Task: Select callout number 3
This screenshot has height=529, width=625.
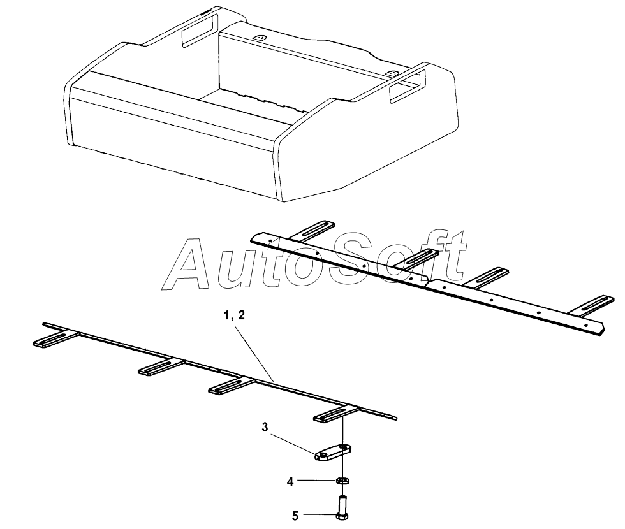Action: tap(265, 426)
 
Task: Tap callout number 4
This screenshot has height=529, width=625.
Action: tap(291, 482)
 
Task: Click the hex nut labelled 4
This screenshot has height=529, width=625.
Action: tap(342, 480)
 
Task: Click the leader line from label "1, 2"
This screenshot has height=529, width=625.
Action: tap(254, 351)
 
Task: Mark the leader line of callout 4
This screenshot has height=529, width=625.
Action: tap(316, 481)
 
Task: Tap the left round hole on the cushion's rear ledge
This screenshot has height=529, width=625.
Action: tap(260, 38)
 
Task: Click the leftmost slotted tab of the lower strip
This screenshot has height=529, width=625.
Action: tap(52, 340)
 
